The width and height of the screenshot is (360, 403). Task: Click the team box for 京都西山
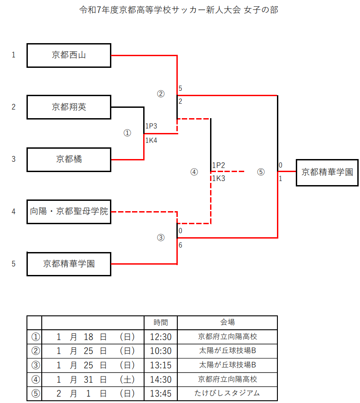point(69,55)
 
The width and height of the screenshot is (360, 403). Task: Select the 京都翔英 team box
point(69,107)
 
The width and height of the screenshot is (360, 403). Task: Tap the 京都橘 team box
point(69,159)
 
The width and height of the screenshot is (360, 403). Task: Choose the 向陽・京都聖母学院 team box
point(69,211)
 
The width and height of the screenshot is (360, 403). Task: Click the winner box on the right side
point(327,172)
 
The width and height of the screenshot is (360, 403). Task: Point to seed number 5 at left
point(13,264)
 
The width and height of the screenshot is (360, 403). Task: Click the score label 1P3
point(151,126)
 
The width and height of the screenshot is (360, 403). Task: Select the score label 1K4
point(151,140)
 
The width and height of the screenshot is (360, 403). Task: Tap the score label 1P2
point(219,165)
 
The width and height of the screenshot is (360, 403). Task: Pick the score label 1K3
point(219,178)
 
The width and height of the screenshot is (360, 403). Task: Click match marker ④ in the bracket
point(194,172)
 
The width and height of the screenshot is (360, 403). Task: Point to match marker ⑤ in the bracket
point(261,172)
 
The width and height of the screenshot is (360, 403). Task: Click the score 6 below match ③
point(180,245)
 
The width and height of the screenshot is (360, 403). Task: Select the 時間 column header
point(161,322)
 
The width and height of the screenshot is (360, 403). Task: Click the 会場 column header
point(227,322)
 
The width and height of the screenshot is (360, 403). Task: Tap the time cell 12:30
point(161,337)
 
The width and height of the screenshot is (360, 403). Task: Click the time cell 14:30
point(161,379)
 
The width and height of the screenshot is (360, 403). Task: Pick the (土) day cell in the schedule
point(127,379)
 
